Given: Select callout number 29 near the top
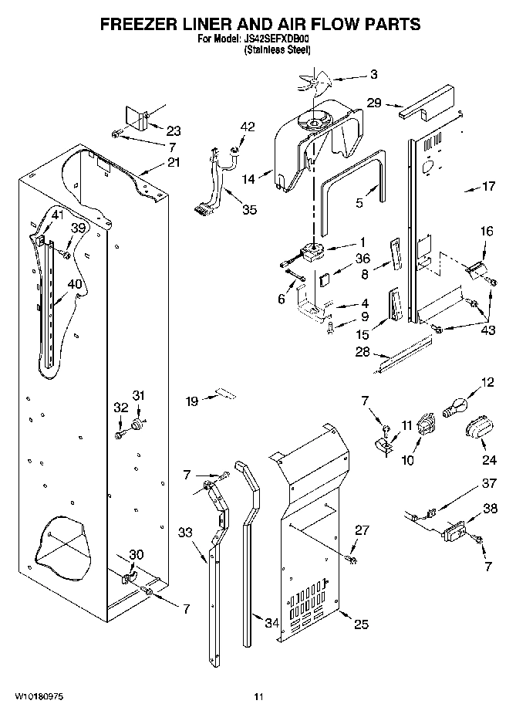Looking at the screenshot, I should click(373, 102).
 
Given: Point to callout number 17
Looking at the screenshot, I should click(487, 186).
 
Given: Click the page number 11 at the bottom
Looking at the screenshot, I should click(259, 697).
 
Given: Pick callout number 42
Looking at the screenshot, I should click(247, 127).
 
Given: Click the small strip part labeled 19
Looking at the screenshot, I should click(224, 392).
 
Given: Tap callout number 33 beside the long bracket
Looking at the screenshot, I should click(186, 532).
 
